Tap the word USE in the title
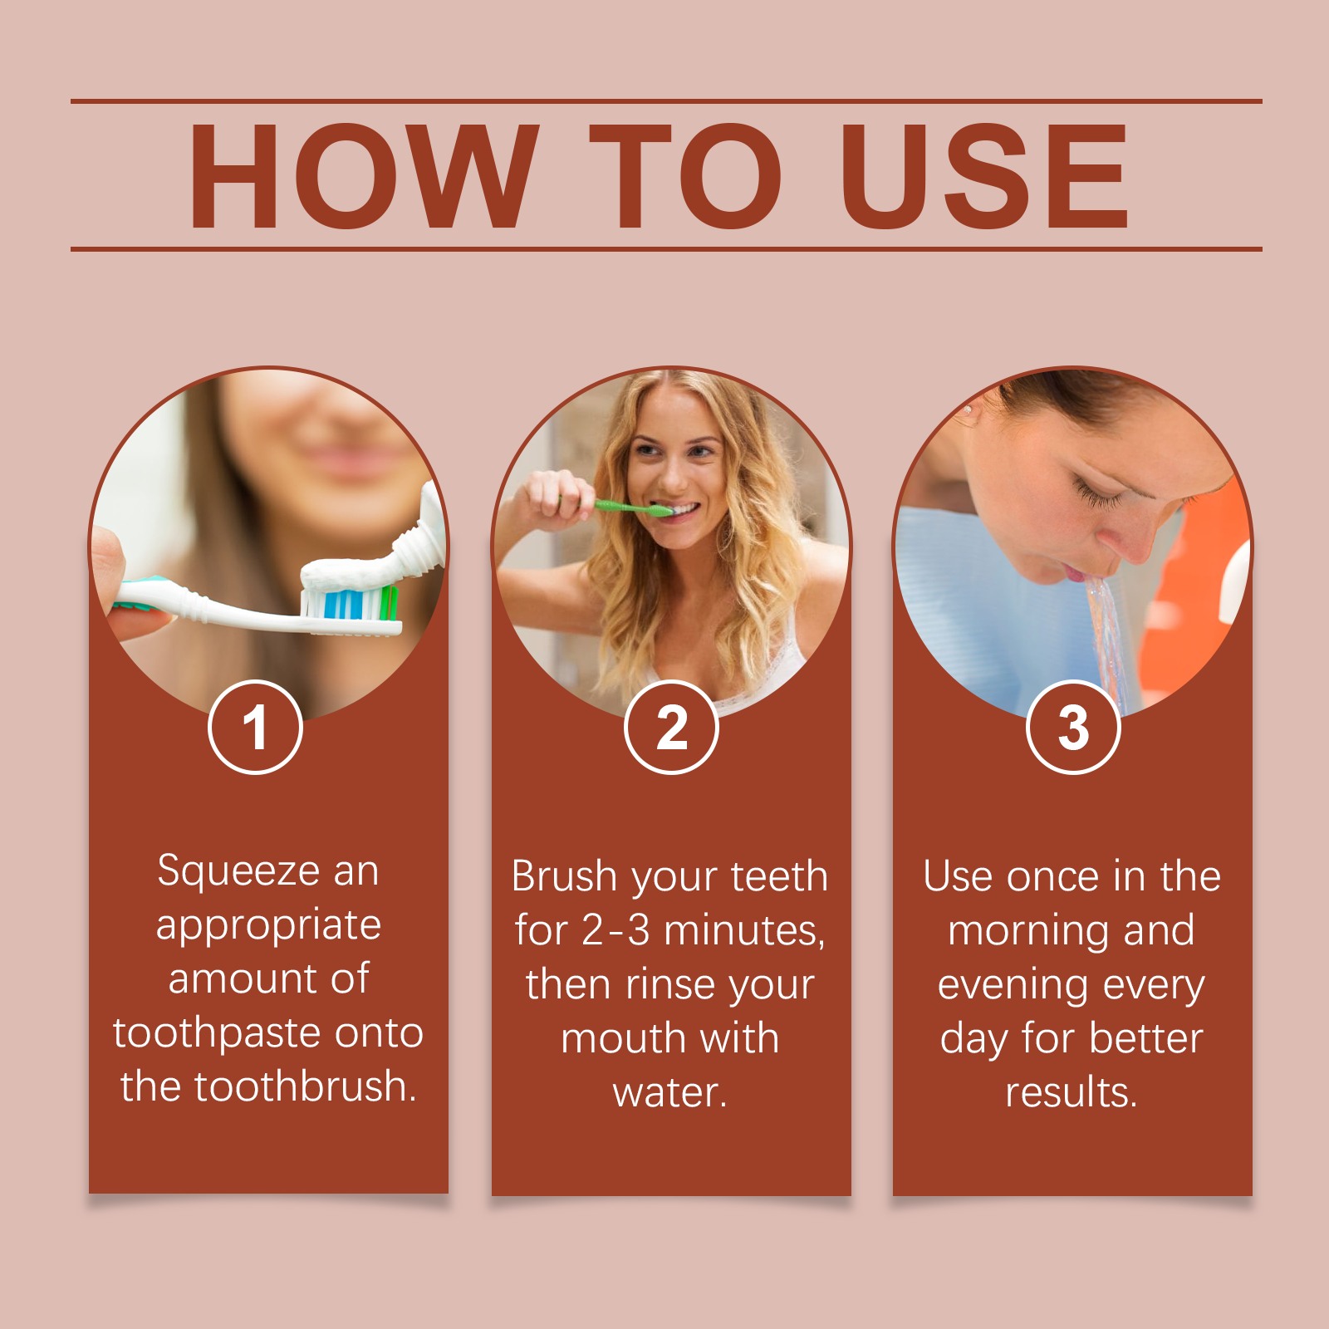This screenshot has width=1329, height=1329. tap(984, 176)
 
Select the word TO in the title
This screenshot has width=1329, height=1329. tap(685, 176)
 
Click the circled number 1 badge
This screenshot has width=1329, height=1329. tap(255, 728)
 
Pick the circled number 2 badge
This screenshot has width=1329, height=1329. tap(671, 728)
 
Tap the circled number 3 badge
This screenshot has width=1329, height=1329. tap(1073, 728)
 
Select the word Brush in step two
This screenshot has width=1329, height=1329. tap(564, 876)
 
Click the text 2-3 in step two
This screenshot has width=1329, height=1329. tap(615, 930)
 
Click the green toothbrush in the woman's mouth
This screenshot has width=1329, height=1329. tap(631, 508)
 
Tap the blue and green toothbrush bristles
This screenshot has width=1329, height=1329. tap(350, 602)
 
